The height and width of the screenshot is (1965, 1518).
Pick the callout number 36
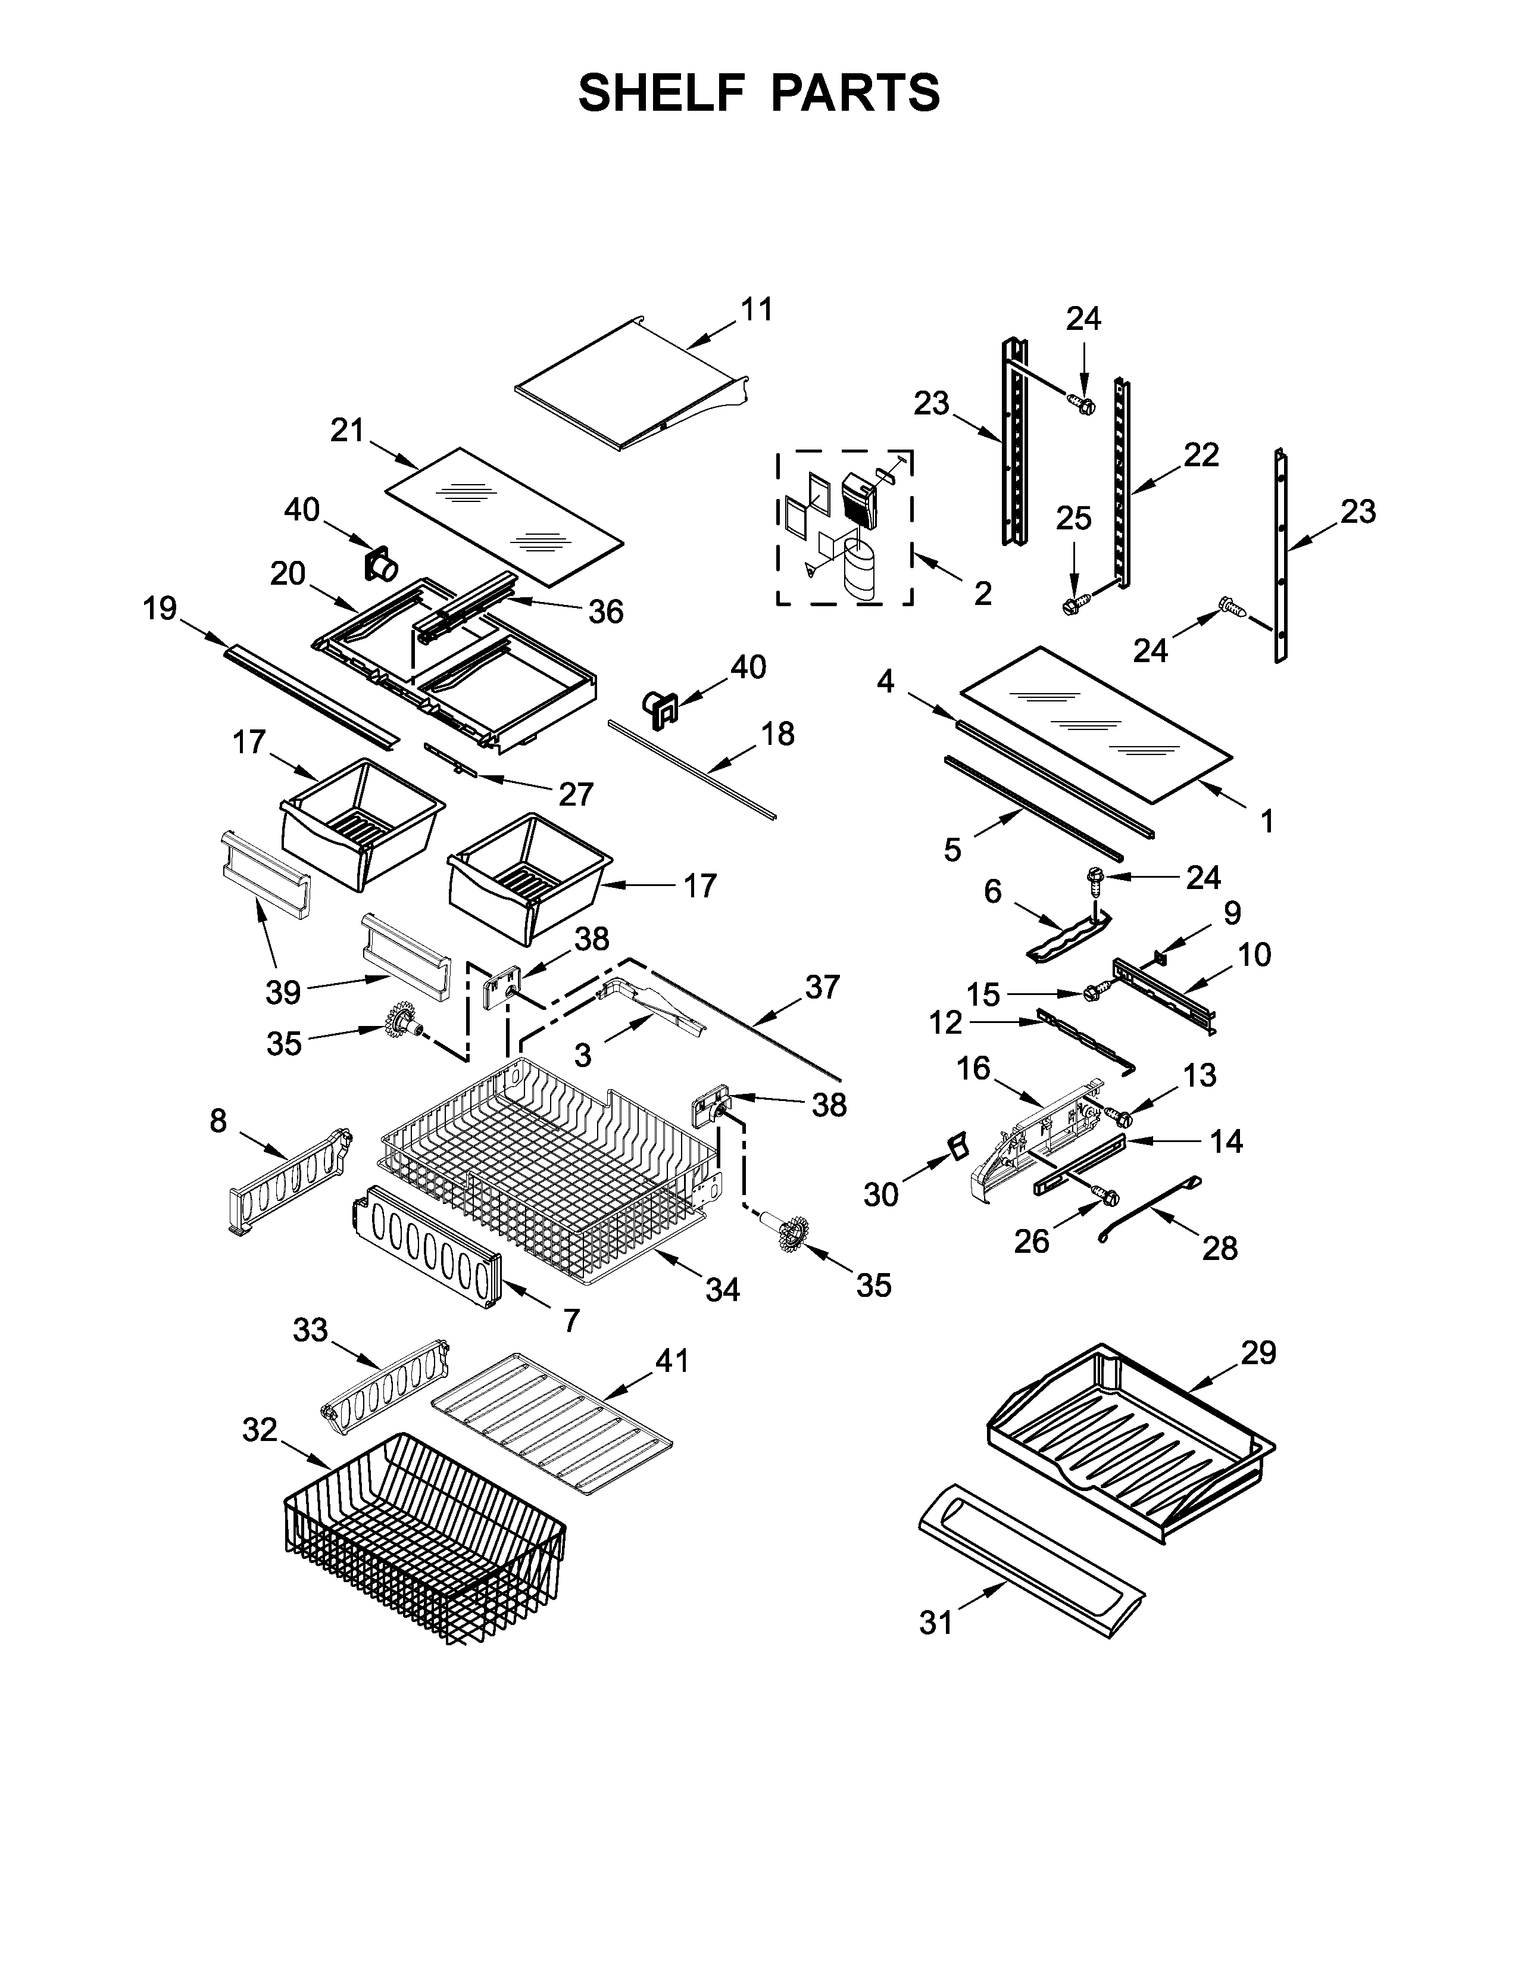pyautogui.click(x=605, y=612)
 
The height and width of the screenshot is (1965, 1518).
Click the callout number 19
pyautogui.click(x=160, y=609)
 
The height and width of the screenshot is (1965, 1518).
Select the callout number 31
pyautogui.click(x=936, y=1623)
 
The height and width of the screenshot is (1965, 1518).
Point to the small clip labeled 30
pyautogui.click(x=957, y=1145)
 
